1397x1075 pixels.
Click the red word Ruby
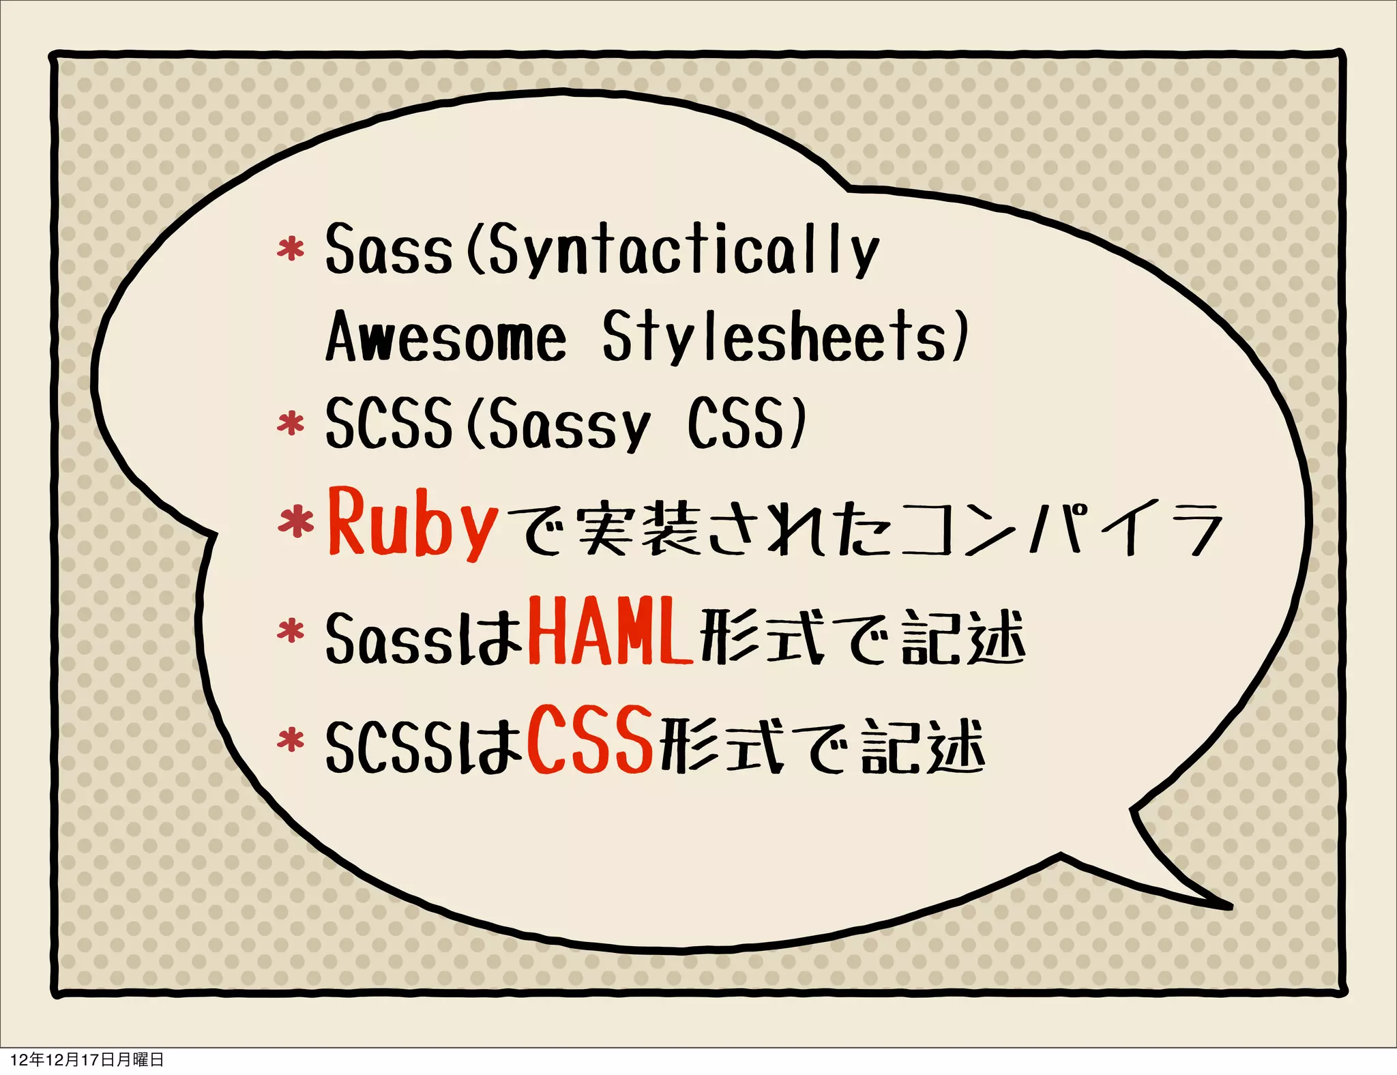(413, 523)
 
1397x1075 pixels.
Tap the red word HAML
(610, 632)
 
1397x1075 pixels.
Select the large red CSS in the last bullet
(590, 740)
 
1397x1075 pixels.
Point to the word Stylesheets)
(784, 338)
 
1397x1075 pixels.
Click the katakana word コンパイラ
(1061, 529)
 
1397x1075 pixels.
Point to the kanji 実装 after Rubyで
(638, 529)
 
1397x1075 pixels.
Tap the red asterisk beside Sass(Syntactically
(291, 250)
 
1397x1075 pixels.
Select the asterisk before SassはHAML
(291, 632)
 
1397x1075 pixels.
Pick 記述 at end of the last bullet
(922, 747)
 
